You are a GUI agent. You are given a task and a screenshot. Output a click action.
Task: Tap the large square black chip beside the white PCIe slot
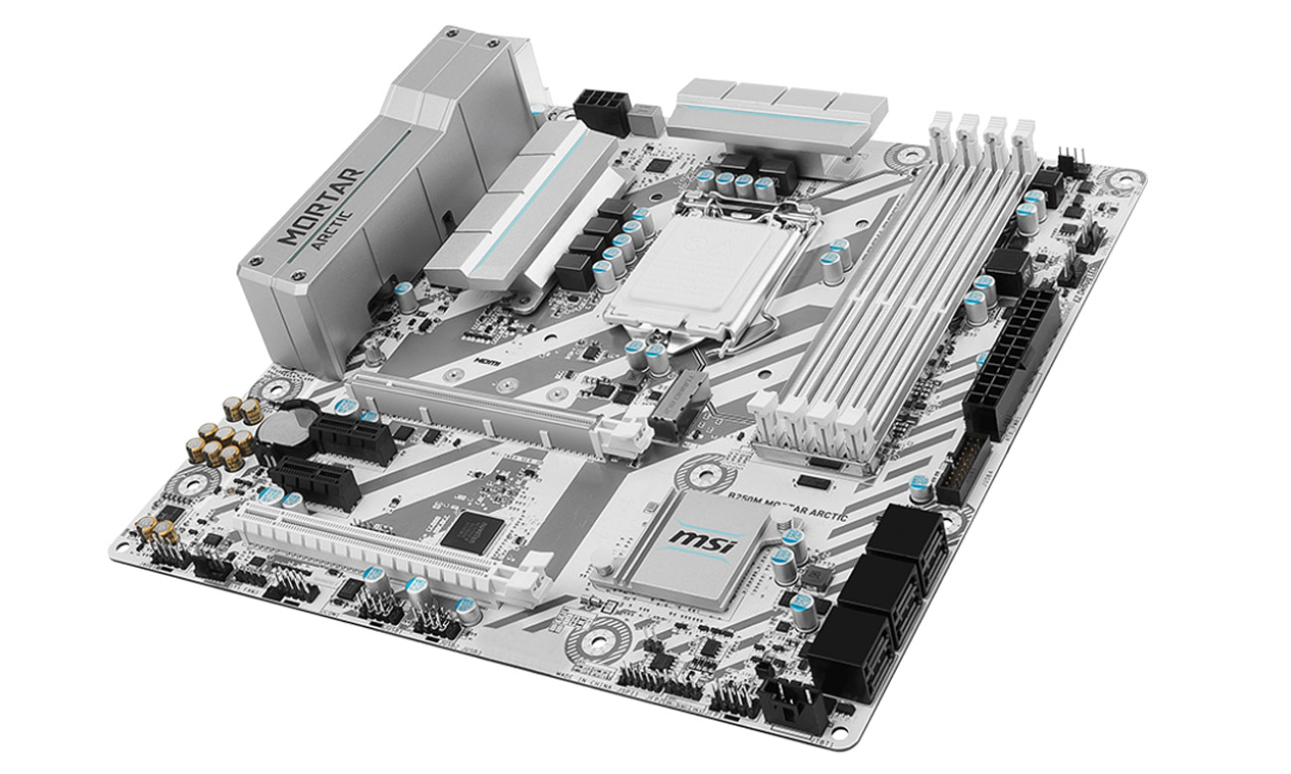pyautogui.click(x=466, y=532)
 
